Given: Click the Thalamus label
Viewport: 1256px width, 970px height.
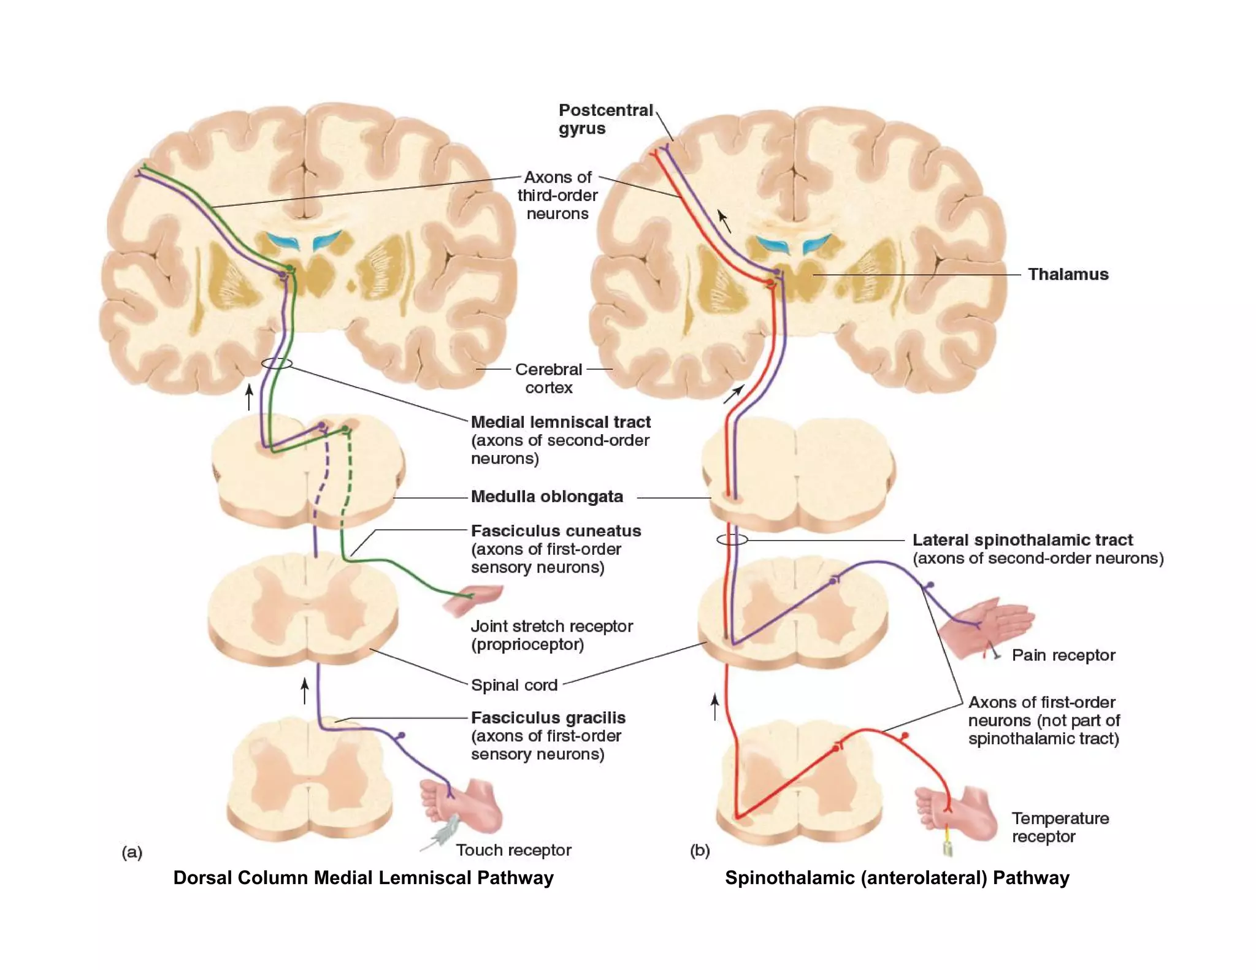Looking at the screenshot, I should tap(1068, 274).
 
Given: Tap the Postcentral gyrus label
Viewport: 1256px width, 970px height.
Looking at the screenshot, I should tap(605, 119).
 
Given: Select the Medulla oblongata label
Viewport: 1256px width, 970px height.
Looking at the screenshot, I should tap(546, 496).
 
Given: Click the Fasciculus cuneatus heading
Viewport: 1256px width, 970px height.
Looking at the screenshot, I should tap(556, 530).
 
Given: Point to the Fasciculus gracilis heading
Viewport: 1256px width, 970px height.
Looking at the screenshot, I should tap(548, 717).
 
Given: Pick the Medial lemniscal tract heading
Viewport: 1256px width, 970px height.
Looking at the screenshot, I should tap(561, 422).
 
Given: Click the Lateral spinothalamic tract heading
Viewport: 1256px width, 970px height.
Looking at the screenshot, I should tap(1022, 540).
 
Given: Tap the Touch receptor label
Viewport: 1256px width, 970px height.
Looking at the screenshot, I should tap(513, 850).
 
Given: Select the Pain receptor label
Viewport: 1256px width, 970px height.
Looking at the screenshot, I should tap(1063, 655).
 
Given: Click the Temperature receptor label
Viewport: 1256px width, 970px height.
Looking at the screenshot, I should tap(1060, 827).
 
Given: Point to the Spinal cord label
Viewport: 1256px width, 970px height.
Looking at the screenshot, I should tap(514, 685).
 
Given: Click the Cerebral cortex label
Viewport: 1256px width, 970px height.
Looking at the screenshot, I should tap(548, 378).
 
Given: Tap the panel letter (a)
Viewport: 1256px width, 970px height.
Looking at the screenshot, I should tap(132, 852).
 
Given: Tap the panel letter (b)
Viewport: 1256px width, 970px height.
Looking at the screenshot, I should tap(700, 850).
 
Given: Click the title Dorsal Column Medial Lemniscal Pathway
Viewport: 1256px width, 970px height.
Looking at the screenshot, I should tap(363, 877).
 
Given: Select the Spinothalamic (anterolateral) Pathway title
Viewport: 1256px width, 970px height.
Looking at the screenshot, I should tap(897, 877).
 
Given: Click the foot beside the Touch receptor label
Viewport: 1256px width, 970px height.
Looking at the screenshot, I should tap(466, 804).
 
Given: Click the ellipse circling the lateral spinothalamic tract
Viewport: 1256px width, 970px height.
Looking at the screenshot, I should tap(732, 540).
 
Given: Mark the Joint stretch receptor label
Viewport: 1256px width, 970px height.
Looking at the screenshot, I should tap(551, 635).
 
